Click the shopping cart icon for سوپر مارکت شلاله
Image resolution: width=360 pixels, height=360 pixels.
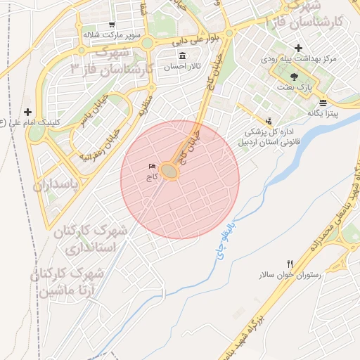(x=112, y=24)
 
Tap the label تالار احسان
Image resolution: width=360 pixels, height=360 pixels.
(x=183, y=67)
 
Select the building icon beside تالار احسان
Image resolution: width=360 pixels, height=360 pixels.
(x=183, y=56)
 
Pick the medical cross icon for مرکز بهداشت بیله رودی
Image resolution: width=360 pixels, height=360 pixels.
(x=299, y=48)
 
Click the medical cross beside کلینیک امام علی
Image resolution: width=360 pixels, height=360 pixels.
(x=28, y=111)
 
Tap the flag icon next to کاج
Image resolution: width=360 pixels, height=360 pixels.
(x=150, y=167)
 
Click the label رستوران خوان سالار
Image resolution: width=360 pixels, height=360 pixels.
(x=295, y=275)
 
